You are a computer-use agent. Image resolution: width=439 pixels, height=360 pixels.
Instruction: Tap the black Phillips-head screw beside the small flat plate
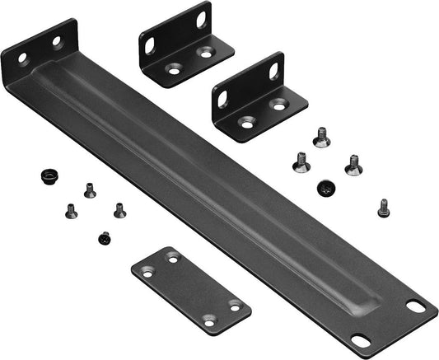(x=105, y=238)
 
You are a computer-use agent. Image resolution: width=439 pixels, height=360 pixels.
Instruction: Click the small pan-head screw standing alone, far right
(x=383, y=208)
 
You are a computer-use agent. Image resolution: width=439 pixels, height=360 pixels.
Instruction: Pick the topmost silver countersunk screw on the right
(x=321, y=137)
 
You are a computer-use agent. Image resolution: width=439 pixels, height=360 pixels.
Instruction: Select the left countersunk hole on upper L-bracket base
(x=175, y=72)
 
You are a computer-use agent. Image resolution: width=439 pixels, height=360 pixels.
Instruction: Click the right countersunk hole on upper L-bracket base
(x=206, y=54)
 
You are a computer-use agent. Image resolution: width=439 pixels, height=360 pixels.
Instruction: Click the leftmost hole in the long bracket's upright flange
(x=23, y=58)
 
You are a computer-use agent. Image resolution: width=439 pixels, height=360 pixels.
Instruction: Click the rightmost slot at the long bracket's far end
(x=417, y=306)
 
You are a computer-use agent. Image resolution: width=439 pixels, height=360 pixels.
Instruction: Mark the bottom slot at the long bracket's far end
(x=360, y=339)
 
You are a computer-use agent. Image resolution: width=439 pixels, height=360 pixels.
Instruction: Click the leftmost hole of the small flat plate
(x=147, y=272)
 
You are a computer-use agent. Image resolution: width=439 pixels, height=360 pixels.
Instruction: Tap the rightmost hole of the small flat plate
(x=235, y=306)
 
